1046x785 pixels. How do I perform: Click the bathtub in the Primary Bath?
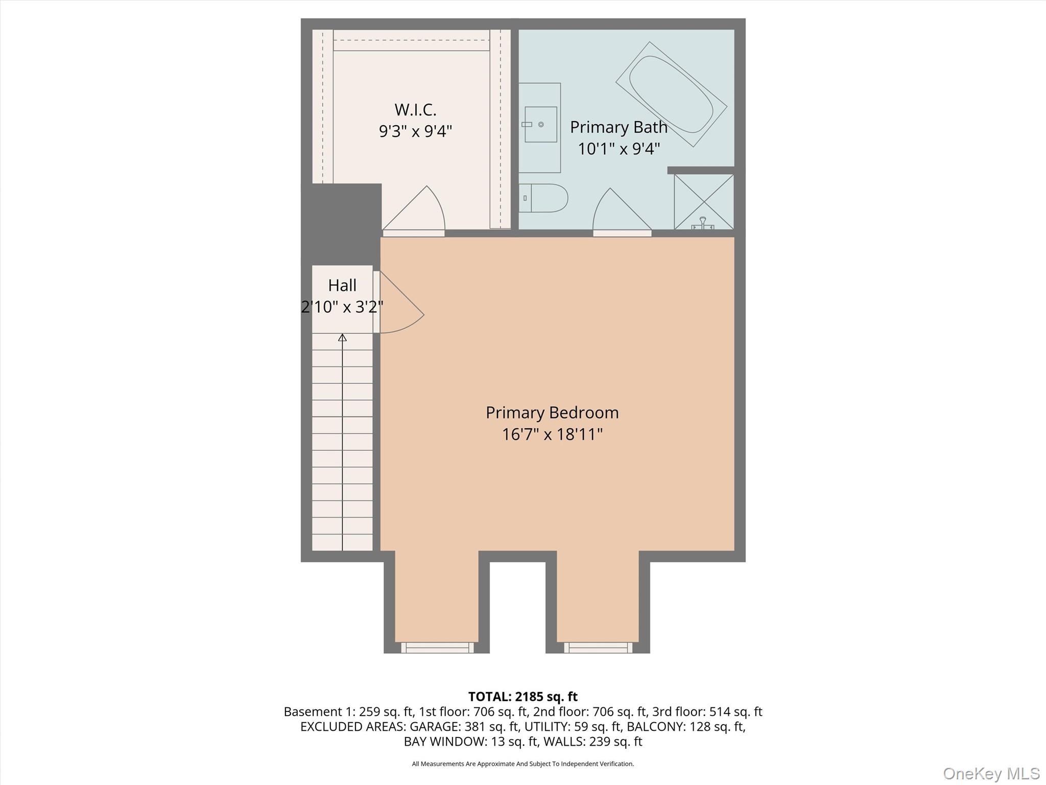671,94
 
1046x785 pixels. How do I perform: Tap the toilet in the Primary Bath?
543,198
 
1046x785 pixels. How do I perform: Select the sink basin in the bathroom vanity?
541,124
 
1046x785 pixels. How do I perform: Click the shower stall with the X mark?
704,202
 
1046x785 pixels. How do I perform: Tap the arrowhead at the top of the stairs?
342,337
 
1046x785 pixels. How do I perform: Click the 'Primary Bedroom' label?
552,412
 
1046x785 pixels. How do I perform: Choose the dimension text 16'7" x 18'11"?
552,434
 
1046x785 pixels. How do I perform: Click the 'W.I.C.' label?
415,109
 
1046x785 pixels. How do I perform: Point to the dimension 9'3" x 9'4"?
415,131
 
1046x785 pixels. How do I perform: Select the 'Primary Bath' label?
619,127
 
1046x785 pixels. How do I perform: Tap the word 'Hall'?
342,285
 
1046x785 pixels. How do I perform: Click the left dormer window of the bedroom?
437,648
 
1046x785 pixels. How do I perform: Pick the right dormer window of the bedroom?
598,648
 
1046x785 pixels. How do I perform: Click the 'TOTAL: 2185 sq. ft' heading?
523,697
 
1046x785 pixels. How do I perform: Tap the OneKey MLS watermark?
991,773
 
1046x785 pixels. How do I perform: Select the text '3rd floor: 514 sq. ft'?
707,711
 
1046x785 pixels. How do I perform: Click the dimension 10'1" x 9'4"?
619,149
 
